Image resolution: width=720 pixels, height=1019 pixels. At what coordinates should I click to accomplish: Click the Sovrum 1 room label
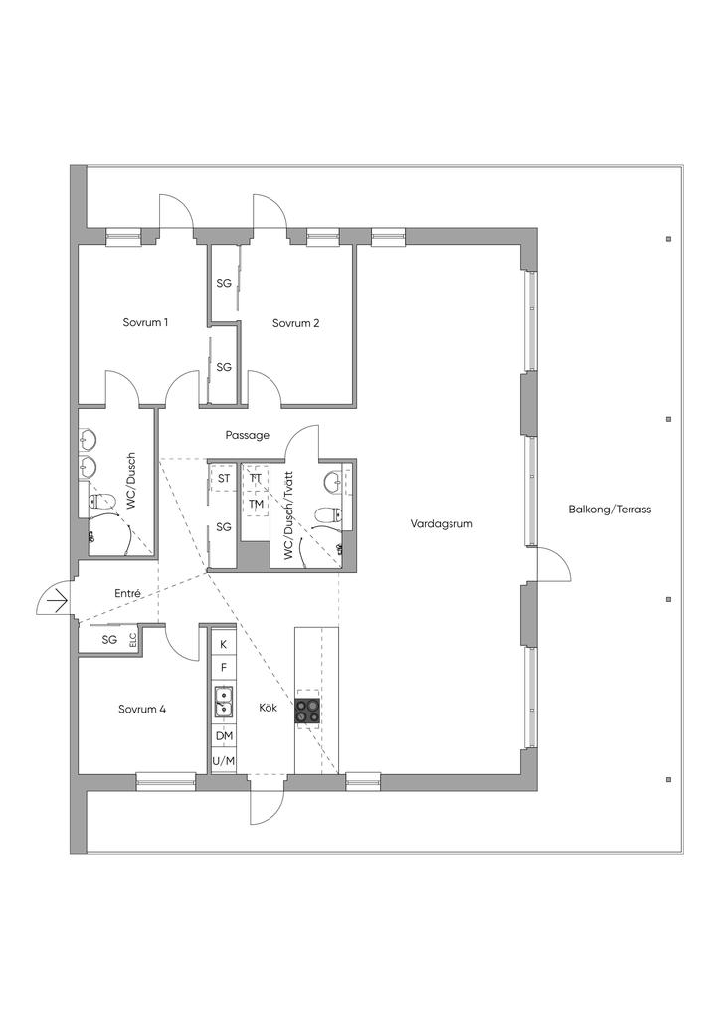click(x=145, y=323)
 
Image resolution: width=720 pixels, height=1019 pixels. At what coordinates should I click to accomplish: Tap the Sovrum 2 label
click(x=295, y=323)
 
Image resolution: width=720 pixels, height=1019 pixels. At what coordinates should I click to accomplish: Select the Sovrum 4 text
click(x=141, y=710)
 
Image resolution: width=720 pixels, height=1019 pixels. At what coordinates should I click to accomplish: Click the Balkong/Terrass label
click(x=610, y=509)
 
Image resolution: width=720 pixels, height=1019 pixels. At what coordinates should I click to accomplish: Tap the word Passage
click(x=248, y=435)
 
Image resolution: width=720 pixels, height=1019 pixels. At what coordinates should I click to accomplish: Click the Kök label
click(x=268, y=710)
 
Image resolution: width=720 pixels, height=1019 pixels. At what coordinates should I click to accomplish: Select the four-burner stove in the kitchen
click(x=307, y=711)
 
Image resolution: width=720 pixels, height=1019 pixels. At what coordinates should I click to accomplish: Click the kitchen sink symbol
click(x=224, y=703)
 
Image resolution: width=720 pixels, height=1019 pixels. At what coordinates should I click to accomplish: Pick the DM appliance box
click(x=224, y=736)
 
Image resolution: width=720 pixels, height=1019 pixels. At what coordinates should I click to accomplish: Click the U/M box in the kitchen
click(x=224, y=761)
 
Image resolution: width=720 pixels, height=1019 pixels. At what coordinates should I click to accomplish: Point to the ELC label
click(x=132, y=641)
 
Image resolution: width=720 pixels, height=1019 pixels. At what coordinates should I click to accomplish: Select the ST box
click(x=224, y=479)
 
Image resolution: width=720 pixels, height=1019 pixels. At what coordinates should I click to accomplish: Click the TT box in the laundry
click(x=256, y=479)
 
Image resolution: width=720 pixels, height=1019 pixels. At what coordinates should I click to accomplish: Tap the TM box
click(x=256, y=504)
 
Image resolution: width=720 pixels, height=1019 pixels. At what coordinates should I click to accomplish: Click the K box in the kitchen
click(x=224, y=644)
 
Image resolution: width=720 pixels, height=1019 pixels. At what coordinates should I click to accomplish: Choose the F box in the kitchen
click(x=224, y=667)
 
